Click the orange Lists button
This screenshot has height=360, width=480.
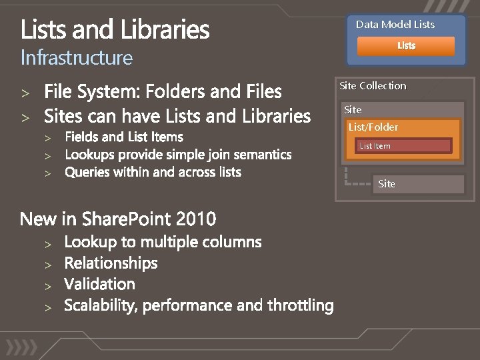coord(406,46)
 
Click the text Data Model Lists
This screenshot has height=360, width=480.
coord(395,25)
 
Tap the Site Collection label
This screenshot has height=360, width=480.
coord(372,86)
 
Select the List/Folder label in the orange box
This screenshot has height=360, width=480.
coord(373,127)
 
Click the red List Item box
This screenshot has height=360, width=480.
coord(403,145)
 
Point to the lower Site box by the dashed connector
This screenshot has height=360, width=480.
coord(417,184)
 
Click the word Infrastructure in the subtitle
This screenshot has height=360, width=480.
coord(77,58)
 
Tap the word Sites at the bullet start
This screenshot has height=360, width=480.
coord(64,117)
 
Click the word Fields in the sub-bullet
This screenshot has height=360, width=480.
coord(85,137)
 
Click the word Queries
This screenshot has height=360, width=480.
coord(89,172)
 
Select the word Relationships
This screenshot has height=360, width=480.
coord(111,263)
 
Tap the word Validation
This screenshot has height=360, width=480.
coord(99,284)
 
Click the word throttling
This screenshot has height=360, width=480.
coord(300,305)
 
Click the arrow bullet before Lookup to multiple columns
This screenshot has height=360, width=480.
coord(48,243)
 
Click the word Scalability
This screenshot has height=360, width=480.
coord(101,305)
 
